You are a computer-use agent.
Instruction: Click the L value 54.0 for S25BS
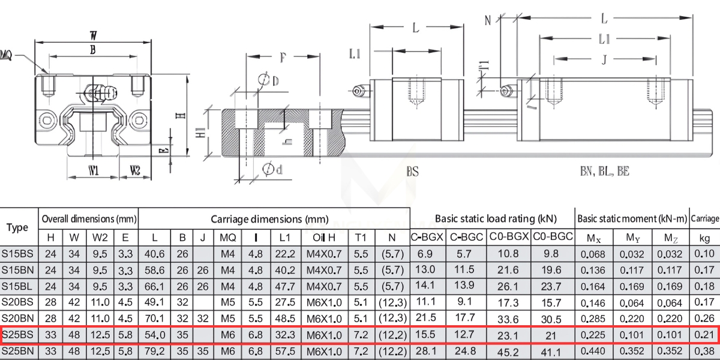point(154,334)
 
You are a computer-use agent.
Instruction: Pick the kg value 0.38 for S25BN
point(704,350)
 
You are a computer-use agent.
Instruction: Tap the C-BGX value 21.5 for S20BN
point(426,317)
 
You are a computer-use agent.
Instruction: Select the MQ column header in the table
point(227,238)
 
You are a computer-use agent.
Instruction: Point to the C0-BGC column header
point(553,238)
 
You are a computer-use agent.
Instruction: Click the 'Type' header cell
point(18,227)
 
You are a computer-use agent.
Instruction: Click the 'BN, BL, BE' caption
point(604,172)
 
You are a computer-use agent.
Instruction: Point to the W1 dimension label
point(94,172)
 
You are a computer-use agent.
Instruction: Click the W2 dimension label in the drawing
point(134,172)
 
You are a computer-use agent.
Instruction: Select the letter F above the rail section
point(283,58)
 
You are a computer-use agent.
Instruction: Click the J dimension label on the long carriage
point(604,60)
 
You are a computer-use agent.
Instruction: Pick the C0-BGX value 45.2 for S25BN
point(509,350)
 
